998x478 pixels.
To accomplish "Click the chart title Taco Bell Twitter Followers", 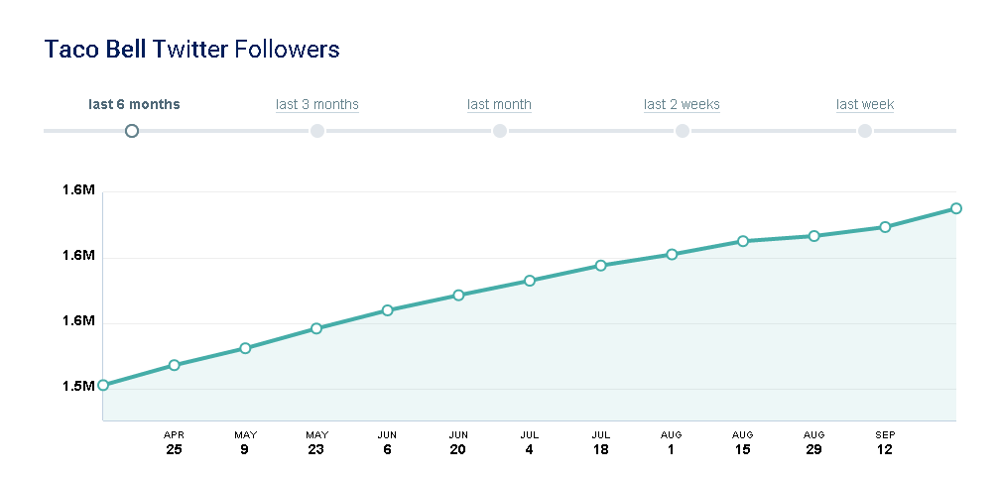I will [x=192, y=49].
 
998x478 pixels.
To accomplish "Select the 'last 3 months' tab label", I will [x=317, y=104].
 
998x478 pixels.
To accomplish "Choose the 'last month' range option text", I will [x=499, y=104].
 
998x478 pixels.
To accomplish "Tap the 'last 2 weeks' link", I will [x=682, y=104].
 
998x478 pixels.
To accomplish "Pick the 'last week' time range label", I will [x=865, y=104].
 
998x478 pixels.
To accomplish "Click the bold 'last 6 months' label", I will [x=134, y=104].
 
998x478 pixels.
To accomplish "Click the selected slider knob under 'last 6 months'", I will [x=132, y=131].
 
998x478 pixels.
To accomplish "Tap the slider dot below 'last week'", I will [x=865, y=131].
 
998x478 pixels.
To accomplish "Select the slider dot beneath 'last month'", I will [x=500, y=131].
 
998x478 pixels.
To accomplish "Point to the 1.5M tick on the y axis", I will [x=80, y=386].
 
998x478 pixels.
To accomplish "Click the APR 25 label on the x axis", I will [x=174, y=442].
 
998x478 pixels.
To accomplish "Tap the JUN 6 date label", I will [x=387, y=442].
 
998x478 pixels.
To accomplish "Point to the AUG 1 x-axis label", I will [x=672, y=442].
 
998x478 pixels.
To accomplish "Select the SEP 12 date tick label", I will [x=885, y=442].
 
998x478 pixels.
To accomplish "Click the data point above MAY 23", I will [x=316, y=328].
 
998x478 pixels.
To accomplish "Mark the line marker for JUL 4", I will [x=530, y=281].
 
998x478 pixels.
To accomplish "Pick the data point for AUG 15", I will [x=743, y=241].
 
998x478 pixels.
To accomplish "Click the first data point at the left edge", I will [x=103, y=385].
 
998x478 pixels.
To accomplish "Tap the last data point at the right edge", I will [x=956, y=208].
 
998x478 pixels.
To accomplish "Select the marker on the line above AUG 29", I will [x=814, y=236].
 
